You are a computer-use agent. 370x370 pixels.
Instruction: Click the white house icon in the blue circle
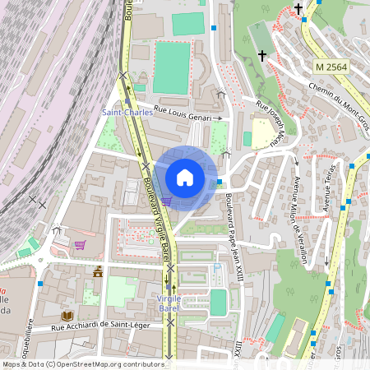click(185, 177)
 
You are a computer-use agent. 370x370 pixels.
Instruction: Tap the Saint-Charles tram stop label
click(127, 113)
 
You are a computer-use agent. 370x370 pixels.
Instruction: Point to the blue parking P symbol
click(217, 267)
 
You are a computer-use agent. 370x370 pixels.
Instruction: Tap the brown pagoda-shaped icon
click(99, 271)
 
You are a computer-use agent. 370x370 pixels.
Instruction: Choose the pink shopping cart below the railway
click(80, 244)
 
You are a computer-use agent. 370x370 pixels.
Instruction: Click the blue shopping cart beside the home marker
click(166, 200)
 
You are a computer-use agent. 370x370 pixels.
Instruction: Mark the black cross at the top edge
click(298, 8)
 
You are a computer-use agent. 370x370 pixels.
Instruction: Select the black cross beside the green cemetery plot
click(262, 55)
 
